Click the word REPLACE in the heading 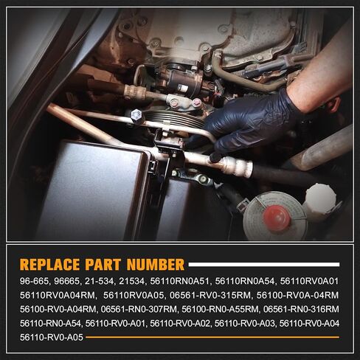49,265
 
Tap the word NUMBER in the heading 156,265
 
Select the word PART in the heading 103,265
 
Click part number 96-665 34,281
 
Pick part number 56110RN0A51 179,281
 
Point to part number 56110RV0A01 309,281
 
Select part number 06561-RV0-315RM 210,295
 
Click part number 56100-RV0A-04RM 297,295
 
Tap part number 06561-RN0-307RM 139,309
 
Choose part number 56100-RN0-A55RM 220,309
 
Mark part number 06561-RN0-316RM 301,309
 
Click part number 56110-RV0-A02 180,323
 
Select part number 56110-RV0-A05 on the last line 52,337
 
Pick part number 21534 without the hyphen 131,281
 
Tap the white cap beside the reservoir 320,198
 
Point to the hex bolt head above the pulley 136,115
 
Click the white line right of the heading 264,265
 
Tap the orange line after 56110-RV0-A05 212,337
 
